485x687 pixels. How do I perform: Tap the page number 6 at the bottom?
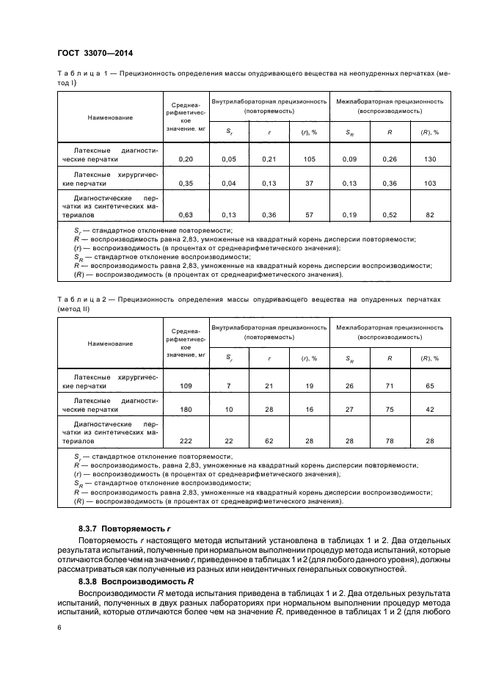pos(59,628)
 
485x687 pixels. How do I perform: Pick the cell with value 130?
pos(429,159)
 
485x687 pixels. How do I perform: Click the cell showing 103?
pos(429,183)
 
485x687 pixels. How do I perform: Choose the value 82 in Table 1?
pos(429,214)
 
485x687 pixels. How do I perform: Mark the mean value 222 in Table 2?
pos(185,440)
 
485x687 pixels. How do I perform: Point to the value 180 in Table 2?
pos(185,410)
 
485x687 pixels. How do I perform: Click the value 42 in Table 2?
pos(429,410)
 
